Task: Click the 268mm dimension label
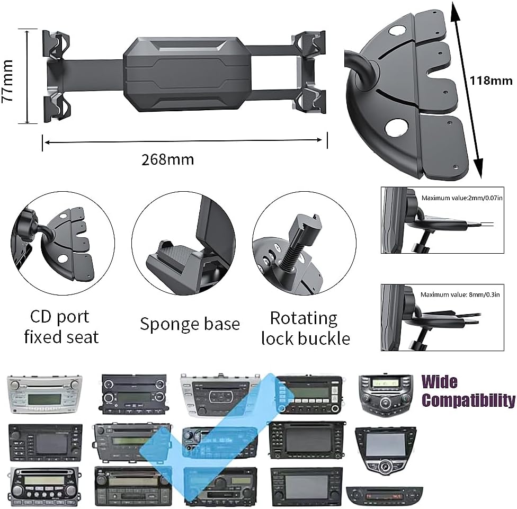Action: (x=167, y=159)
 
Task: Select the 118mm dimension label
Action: (x=491, y=81)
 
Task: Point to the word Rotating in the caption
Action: (x=304, y=318)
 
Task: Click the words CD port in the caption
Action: (x=60, y=317)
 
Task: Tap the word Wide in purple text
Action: (x=440, y=382)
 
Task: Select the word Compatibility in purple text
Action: (x=468, y=400)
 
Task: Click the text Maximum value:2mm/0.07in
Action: (x=462, y=198)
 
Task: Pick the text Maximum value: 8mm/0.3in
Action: (x=460, y=294)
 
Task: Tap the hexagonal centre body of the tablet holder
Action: (x=187, y=74)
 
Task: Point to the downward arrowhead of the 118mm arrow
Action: (x=478, y=168)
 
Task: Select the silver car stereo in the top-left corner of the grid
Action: (x=45, y=394)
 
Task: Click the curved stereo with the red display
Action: (x=385, y=495)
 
